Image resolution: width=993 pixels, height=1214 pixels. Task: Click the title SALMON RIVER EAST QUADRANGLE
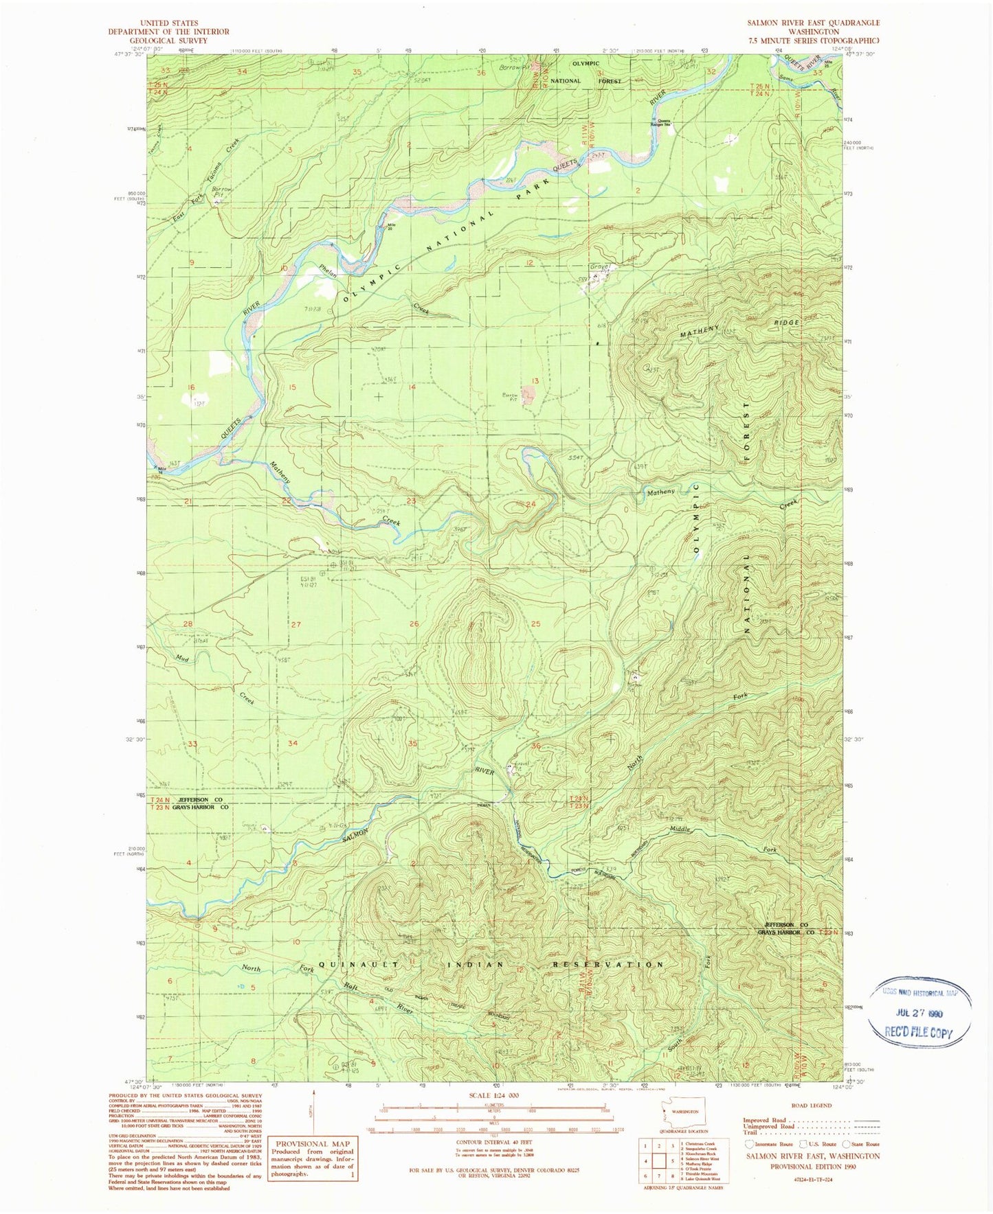pyautogui.click(x=814, y=23)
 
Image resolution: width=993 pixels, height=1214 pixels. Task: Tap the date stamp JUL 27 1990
pyautogui.click(x=919, y=1013)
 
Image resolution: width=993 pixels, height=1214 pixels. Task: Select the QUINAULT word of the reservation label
pyautogui.click(x=358, y=964)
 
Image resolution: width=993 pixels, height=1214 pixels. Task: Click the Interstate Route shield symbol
pyautogui.click(x=749, y=1144)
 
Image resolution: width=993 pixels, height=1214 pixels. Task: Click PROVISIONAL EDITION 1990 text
pyautogui.click(x=813, y=1167)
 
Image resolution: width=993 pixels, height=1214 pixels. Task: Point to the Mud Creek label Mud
pyautogui.click(x=182, y=658)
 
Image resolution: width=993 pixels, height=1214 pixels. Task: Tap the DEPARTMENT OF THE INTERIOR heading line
pyautogui.click(x=169, y=32)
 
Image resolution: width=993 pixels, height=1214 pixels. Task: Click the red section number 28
pyautogui.click(x=188, y=623)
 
